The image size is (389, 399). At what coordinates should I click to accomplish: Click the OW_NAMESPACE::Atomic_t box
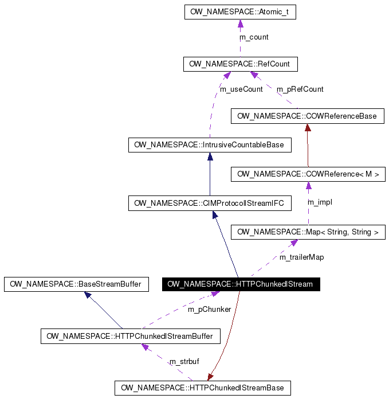[240, 12]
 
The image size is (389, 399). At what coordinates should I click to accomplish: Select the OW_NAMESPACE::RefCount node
[240, 64]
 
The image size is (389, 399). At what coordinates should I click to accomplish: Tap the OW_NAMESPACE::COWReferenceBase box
[307, 116]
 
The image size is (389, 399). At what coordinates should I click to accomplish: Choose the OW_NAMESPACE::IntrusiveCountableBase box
[209, 145]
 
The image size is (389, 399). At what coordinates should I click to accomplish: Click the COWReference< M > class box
[308, 174]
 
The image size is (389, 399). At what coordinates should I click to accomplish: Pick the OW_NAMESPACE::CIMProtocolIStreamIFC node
[209, 203]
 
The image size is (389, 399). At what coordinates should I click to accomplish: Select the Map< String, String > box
[308, 232]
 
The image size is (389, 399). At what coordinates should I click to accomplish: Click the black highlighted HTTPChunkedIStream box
[240, 284]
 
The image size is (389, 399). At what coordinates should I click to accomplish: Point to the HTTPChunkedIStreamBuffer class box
[130, 336]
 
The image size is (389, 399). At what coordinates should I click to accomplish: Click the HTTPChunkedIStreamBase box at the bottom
[202, 388]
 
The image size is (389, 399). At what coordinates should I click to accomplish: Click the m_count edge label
[254, 37]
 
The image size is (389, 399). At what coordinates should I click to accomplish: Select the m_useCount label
[242, 89]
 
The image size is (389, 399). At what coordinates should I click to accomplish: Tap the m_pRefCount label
[300, 89]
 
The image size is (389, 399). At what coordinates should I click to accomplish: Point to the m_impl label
[320, 202]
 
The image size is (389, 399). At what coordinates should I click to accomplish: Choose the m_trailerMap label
[301, 257]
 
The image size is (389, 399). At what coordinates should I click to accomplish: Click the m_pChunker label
[209, 310]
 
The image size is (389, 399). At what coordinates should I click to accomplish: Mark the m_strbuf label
[184, 362]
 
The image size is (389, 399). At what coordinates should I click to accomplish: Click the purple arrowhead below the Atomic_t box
[240, 24]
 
